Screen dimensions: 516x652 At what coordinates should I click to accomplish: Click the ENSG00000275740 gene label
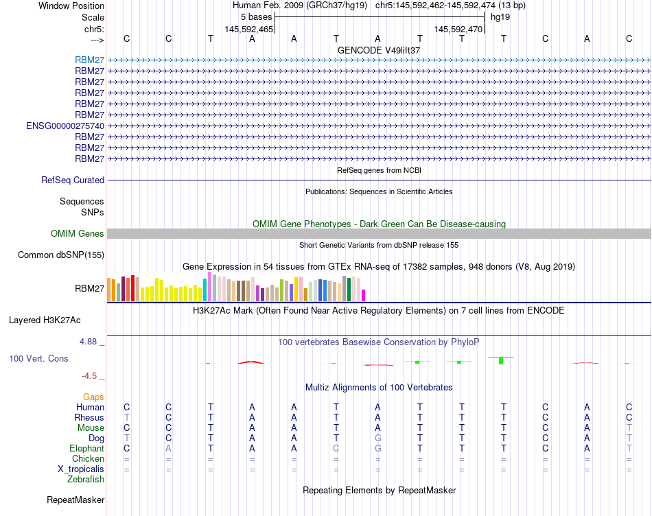(65, 126)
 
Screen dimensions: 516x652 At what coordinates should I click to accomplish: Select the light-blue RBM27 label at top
(89, 60)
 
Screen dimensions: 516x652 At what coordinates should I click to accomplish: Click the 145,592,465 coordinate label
(249, 30)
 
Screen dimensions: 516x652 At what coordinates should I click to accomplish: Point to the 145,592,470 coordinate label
(458, 30)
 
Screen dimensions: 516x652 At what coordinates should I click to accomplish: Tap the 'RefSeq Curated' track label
(73, 180)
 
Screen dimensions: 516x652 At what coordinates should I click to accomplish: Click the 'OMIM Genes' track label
(78, 234)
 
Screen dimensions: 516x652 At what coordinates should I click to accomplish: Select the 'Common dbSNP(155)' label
(61, 255)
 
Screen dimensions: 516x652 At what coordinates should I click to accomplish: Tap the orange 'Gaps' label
(93, 397)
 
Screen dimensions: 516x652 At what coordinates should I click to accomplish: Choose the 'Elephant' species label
(86, 448)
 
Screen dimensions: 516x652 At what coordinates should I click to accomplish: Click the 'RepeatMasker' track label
(75, 500)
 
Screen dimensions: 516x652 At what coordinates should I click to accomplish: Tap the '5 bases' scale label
(257, 16)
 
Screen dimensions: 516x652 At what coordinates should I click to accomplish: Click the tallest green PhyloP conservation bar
(501, 360)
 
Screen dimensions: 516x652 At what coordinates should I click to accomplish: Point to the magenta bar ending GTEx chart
(364, 295)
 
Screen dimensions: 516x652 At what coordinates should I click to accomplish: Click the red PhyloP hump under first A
(251, 362)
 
